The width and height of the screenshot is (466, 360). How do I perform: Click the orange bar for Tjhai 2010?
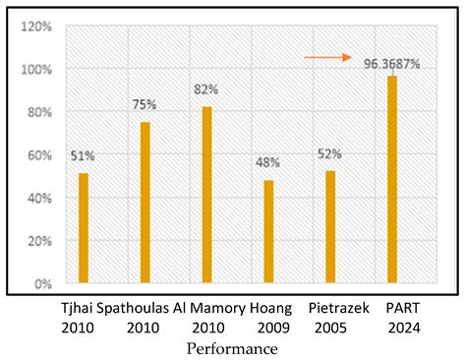point(84,228)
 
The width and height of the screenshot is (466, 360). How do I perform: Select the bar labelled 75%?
point(146,203)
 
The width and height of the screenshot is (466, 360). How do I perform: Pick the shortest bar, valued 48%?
point(268,232)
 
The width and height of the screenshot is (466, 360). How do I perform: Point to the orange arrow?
point(326,58)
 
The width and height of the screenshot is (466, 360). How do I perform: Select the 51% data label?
point(83,154)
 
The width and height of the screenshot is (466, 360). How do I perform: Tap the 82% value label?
point(206,89)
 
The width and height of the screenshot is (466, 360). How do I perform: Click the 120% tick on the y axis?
point(36,27)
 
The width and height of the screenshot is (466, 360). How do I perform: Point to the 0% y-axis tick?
point(42,284)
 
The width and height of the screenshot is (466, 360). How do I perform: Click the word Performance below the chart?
point(232,348)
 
